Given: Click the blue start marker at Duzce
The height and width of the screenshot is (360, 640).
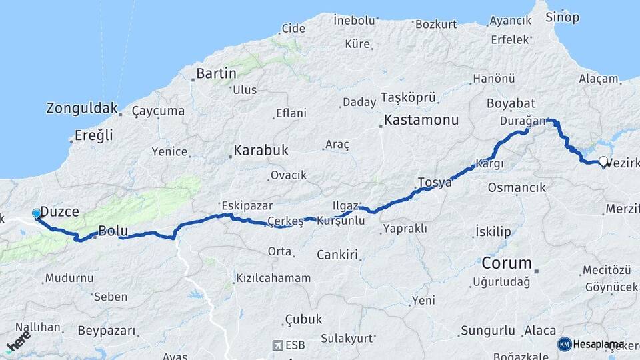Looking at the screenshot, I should [36, 213].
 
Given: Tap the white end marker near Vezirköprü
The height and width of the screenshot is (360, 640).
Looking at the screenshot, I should [603, 161].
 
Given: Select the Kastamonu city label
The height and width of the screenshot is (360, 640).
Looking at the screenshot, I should [422, 121].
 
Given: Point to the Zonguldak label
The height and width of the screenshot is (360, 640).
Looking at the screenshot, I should [82, 108].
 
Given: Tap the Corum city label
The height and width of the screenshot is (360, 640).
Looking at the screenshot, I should [507, 262].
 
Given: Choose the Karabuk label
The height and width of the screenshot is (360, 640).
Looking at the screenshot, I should [261, 150].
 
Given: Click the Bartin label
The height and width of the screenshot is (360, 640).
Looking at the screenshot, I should [215, 73].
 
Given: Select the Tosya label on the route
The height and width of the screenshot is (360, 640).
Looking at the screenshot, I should [435, 182].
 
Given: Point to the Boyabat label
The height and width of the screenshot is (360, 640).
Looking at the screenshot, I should [511, 103].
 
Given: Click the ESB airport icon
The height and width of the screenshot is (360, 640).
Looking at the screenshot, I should [278, 345].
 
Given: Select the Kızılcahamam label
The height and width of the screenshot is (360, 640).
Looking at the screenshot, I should [273, 278].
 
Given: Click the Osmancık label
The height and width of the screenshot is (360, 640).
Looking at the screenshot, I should [517, 187].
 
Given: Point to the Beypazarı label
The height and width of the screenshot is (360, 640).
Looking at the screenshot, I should [107, 331].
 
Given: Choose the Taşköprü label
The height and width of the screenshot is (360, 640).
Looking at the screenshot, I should [409, 97].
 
